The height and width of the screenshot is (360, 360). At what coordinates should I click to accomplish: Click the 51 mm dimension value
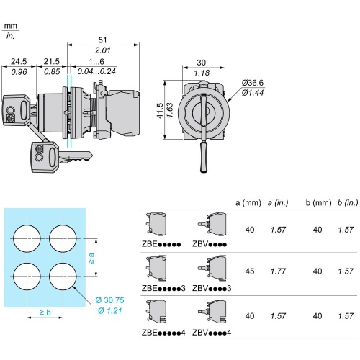click(102, 40)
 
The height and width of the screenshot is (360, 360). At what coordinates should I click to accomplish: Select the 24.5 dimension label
click(19, 61)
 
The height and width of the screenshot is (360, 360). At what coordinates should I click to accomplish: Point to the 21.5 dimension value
click(51, 61)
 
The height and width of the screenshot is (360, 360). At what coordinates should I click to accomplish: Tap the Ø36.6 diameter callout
click(253, 83)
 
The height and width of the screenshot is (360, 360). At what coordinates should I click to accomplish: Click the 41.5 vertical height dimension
click(160, 111)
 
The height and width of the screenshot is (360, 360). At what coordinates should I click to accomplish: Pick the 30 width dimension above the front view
click(201, 63)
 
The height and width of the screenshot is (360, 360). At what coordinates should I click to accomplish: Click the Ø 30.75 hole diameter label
click(109, 300)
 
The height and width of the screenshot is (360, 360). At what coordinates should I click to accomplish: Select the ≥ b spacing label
click(45, 312)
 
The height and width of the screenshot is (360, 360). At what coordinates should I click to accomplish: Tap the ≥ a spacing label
click(91, 258)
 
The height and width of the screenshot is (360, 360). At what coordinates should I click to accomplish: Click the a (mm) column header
click(248, 203)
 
